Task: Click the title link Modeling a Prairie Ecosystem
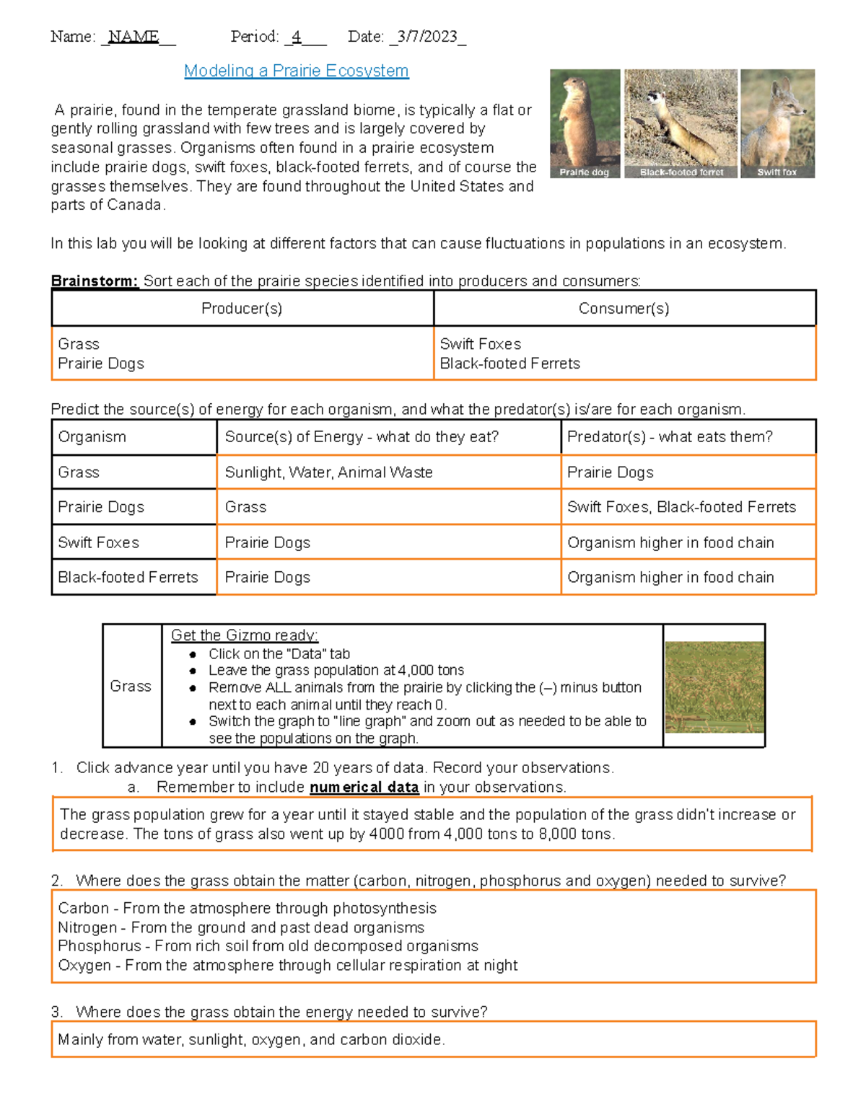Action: (x=296, y=71)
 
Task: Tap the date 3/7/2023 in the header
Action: (x=427, y=37)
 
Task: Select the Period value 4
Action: (x=297, y=37)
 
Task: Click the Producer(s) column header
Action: (x=242, y=309)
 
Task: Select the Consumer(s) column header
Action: (x=624, y=309)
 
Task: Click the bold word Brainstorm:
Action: (x=95, y=281)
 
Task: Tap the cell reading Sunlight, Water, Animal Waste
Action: (x=328, y=472)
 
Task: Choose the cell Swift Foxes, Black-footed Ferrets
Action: (x=681, y=507)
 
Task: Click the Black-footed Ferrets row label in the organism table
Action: (x=128, y=577)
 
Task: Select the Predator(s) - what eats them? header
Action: (x=670, y=437)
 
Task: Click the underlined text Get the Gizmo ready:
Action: (x=244, y=635)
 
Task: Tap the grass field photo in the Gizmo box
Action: (x=714, y=687)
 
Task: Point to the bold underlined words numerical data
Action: (x=364, y=788)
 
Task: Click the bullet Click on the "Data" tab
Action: (x=279, y=654)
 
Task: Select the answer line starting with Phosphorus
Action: (x=268, y=945)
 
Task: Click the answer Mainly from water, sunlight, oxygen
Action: (x=251, y=1040)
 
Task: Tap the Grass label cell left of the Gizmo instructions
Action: (x=131, y=686)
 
